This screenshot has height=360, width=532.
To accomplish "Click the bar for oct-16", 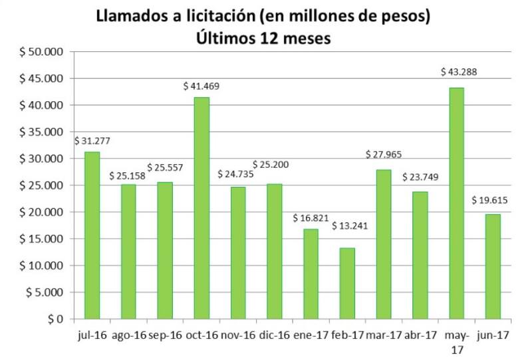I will (x=201, y=208).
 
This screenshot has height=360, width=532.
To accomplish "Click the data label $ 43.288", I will (x=460, y=72).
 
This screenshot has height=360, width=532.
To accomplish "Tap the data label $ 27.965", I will (x=385, y=154).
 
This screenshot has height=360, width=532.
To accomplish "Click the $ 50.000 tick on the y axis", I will (x=43, y=52).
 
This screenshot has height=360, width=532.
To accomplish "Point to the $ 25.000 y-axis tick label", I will (x=43, y=186).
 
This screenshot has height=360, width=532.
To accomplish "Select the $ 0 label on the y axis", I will (x=54, y=319).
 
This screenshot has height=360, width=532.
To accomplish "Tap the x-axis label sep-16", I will (x=165, y=337).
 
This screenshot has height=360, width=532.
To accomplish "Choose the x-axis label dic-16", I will (x=274, y=337).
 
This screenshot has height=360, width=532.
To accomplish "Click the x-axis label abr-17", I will (x=420, y=337).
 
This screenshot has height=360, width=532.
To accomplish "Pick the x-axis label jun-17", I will (x=493, y=337).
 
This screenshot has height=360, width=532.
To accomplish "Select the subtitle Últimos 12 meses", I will (x=263, y=38).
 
